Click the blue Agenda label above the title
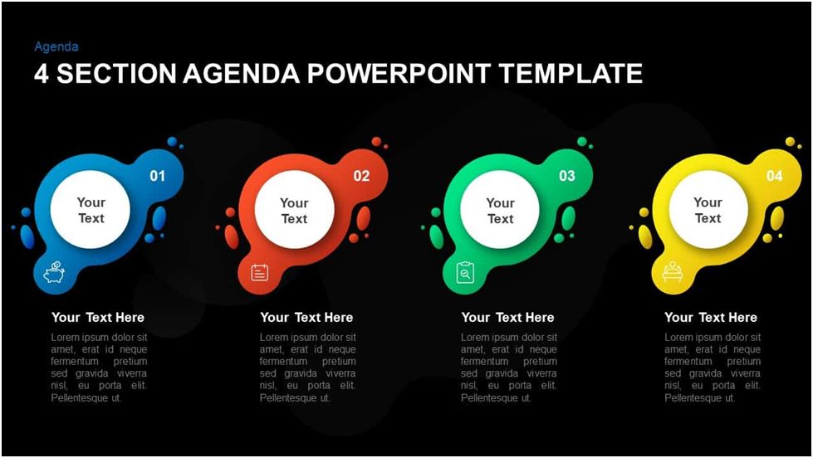(x=56, y=47)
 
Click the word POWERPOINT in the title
(x=399, y=74)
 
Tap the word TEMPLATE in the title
(x=571, y=74)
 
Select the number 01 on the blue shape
(x=157, y=176)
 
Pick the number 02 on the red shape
(x=361, y=176)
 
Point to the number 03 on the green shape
(x=566, y=176)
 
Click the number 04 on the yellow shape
(x=774, y=176)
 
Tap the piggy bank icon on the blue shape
(x=54, y=272)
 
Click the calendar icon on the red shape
(x=260, y=272)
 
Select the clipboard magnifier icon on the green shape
(x=465, y=272)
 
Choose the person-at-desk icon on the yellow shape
(x=673, y=271)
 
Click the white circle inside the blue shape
(x=91, y=210)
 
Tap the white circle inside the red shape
(x=295, y=210)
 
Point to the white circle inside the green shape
(x=500, y=210)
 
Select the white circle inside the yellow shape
(x=708, y=210)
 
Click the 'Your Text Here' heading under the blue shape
(x=97, y=318)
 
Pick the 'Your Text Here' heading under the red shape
(x=306, y=318)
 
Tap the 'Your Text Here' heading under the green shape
(x=507, y=318)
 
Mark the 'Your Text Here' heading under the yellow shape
(x=711, y=318)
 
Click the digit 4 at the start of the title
(x=42, y=74)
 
